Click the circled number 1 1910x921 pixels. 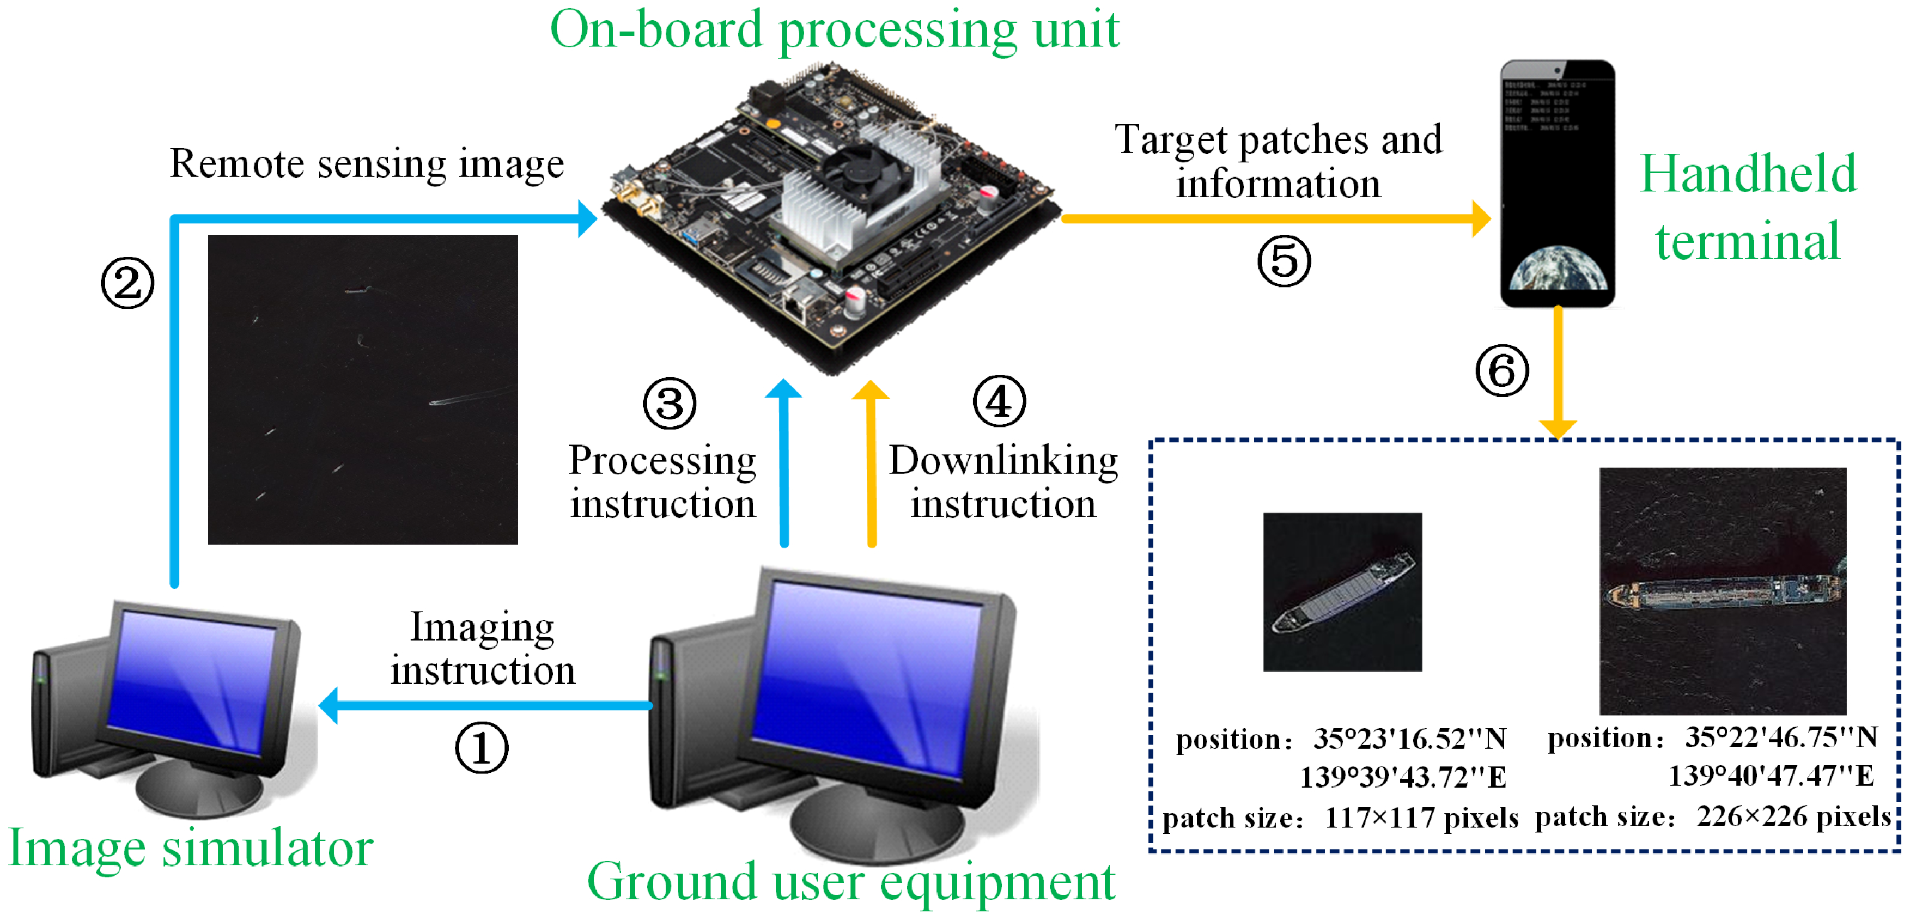481,747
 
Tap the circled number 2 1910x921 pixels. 127,283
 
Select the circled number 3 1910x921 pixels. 670,404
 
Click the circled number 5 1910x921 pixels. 1284,261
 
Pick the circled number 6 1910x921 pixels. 1501,371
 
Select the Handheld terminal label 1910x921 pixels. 1748,207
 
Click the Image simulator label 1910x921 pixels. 190,847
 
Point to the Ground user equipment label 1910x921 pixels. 851,882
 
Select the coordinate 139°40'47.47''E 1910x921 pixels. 1771,776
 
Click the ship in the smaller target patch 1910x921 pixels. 1342,593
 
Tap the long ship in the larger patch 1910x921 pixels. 1720,593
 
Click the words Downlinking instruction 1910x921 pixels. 1003,482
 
